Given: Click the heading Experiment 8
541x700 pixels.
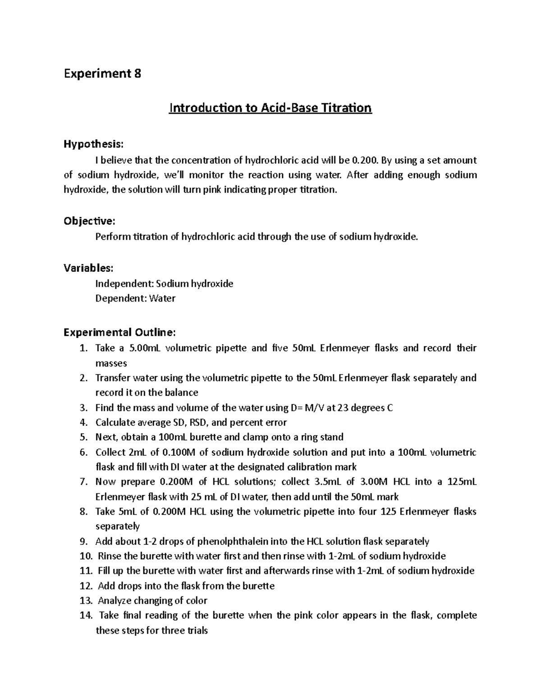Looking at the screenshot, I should click(x=102, y=73).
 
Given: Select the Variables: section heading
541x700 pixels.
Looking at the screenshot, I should click(x=88, y=268).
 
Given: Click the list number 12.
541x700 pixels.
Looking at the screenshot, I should click(x=86, y=586).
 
